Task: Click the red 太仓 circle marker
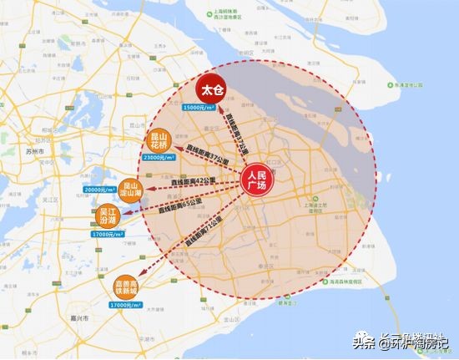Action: pyautogui.click(x=210, y=89)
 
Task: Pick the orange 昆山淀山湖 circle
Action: pyautogui.click(x=132, y=188)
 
